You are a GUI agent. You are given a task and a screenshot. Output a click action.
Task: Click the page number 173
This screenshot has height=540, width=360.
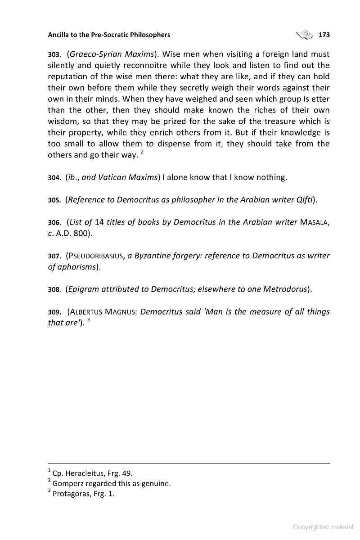[324, 35]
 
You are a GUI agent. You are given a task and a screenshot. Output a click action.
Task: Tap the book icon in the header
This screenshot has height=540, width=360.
[304, 34]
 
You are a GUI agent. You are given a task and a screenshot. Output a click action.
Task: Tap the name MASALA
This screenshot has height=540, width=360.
[311, 222]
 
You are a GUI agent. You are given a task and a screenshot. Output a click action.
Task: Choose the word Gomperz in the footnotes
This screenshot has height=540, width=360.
[68, 484]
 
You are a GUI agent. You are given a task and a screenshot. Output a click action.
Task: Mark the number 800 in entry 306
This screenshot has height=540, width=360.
[83, 234]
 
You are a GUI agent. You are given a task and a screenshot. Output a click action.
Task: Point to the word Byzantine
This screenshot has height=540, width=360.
[154, 256]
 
